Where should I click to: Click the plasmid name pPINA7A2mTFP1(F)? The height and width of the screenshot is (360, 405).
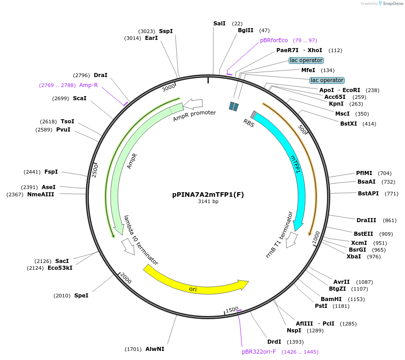208,195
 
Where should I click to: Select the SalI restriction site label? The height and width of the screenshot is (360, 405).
219,23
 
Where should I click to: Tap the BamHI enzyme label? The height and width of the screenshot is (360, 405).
331,299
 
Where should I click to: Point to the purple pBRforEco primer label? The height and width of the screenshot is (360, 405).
274,40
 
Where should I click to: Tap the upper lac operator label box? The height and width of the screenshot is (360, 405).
306,60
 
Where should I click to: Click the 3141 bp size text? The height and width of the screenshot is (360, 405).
208,202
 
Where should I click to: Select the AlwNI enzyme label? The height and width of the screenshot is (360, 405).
155,349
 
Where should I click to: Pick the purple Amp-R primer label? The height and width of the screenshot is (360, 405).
88,85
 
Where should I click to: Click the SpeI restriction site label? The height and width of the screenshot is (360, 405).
81,296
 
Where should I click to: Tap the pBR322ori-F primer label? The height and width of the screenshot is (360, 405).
259,352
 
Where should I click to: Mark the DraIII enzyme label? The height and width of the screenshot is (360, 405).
366,220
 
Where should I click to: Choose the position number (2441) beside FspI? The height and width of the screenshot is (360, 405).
32,172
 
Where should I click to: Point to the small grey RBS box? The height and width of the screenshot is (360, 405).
253,114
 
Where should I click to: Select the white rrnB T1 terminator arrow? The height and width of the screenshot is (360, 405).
293,238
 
